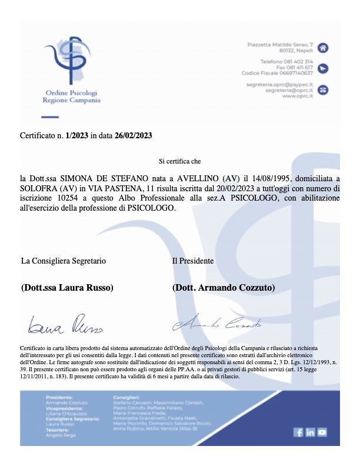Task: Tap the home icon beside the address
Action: coord(323,48)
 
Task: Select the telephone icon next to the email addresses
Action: coord(323,90)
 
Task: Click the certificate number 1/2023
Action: coord(77,135)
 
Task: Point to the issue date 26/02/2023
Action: coord(133,135)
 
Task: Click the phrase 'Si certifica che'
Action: coord(180,161)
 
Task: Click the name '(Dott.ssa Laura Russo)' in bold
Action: coord(67,288)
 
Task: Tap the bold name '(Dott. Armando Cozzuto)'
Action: coord(223,288)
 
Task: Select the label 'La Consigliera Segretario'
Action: coord(64,260)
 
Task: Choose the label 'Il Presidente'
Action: coord(192,260)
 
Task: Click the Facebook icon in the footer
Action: coord(298,432)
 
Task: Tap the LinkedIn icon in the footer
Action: coord(310,432)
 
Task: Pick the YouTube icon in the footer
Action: coord(322,432)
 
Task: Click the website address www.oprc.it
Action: coord(297,96)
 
